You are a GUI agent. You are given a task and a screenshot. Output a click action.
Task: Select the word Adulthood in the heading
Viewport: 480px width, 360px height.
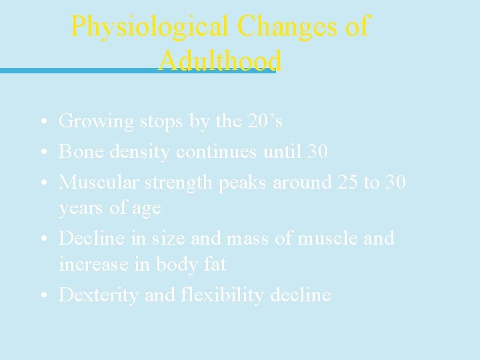click(220, 61)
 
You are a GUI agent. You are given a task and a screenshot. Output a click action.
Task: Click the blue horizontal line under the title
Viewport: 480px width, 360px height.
click(80, 71)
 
